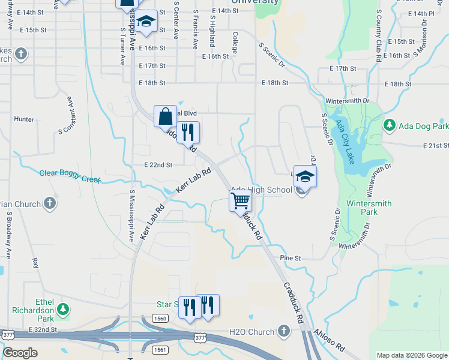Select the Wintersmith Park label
369,208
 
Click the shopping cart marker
240,200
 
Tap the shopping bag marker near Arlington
165,115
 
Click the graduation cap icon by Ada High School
305,175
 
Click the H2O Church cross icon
283,332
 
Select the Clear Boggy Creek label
70,173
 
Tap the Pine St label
291,258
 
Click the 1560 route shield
160,318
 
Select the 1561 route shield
160,349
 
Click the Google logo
20,353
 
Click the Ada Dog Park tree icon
390,125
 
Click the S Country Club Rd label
379,36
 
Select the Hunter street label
24,119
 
